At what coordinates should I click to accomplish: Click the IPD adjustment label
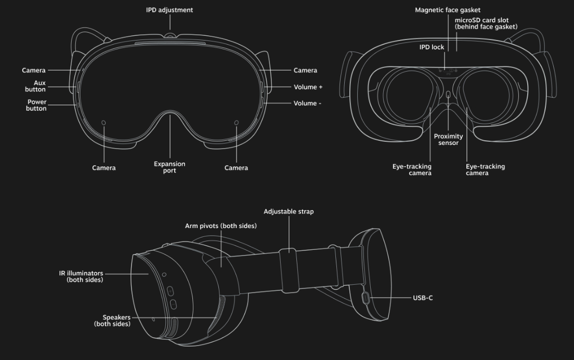[169, 10]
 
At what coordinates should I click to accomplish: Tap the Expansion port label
[169, 167]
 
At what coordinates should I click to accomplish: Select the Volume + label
[308, 87]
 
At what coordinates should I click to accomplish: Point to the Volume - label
[307, 103]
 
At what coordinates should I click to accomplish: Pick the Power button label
[36, 105]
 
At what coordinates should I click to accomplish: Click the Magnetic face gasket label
[448, 10]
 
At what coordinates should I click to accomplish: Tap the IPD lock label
[432, 47]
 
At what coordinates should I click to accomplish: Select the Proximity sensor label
[448, 140]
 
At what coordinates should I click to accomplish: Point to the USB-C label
[423, 298]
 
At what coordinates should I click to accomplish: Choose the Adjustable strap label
[289, 211]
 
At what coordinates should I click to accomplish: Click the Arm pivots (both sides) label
[220, 226]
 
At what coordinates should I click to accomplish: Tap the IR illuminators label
[81, 276]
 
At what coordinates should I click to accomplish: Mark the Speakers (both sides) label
[112, 321]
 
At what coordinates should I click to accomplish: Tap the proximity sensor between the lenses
[448, 95]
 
